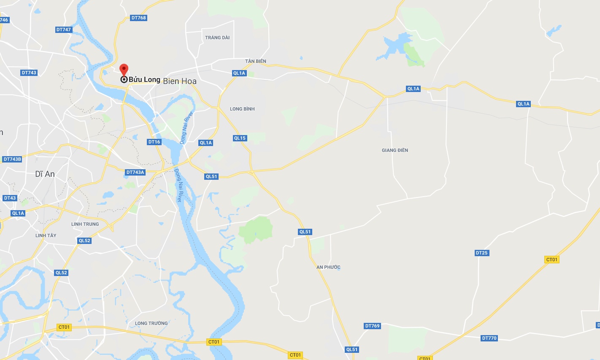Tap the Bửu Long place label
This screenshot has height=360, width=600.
click(x=144, y=79)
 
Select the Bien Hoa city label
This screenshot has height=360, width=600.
click(x=180, y=81)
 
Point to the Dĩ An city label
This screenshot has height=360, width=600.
click(x=45, y=174)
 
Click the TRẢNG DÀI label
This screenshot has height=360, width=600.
click(x=217, y=38)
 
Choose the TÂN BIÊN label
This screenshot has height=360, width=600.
click(x=256, y=61)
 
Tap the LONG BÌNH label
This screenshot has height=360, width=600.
click(x=242, y=109)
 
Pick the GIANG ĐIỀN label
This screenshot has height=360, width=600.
click(x=395, y=150)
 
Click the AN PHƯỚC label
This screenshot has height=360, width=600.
click(x=328, y=267)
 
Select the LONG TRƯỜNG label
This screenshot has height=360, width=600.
click(x=151, y=323)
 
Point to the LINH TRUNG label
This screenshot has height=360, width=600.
click(x=85, y=224)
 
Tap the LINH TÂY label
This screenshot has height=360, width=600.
click(x=46, y=235)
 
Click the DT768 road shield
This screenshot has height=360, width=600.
click(x=138, y=18)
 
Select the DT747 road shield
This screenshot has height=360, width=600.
click(x=64, y=30)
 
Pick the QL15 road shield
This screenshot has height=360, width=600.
click(x=240, y=138)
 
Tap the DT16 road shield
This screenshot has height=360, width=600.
click(x=154, y=142)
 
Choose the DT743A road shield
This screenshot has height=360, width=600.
click(x=135, y=172)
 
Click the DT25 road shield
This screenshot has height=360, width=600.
click(x=481, y=253)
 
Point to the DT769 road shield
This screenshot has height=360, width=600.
click(x=372, y=326)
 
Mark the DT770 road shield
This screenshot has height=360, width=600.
click(x=489, y=338)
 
